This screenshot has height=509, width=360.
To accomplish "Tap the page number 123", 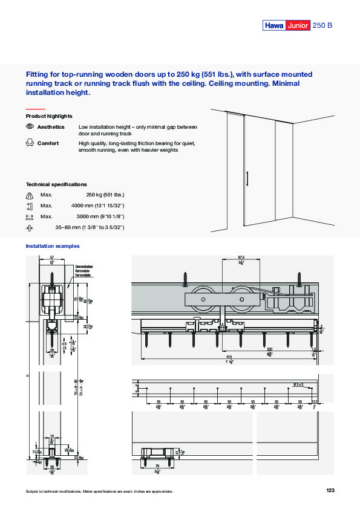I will point(330,491).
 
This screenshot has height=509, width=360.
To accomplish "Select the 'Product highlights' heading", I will point(49,115).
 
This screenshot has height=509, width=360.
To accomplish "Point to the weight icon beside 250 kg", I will point(30,195).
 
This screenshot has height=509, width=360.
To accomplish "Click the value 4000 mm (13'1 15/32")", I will point(97,206).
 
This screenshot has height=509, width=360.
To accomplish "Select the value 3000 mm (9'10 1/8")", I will point(99,216).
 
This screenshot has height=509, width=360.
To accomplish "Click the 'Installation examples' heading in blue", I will point(53,246).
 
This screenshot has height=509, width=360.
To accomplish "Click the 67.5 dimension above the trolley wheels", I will point(241,259).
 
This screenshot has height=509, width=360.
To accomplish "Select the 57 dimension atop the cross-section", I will point(52,258).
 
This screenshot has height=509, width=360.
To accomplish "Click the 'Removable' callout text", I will point(83,271).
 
